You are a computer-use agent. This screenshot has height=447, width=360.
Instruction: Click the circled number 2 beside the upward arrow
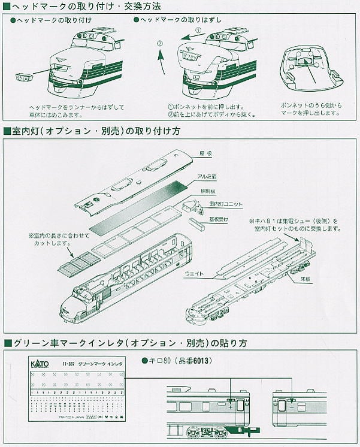(x=159, y=43)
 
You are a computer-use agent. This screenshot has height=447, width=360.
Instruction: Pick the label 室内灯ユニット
(x=226, y=204)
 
